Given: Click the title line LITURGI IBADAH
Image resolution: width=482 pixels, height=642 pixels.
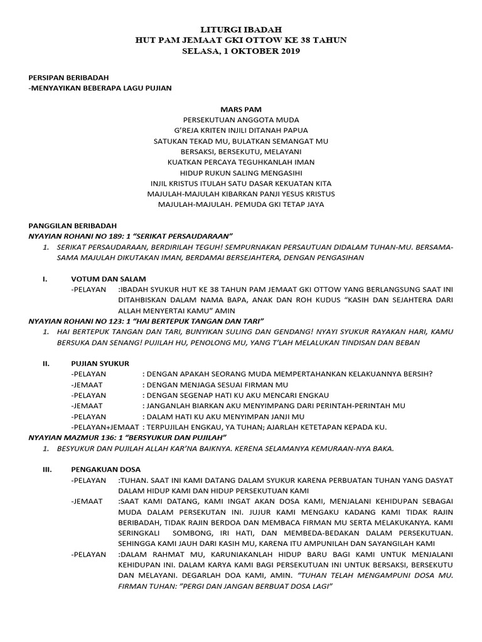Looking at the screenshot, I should pyautogui.click(x=240, y=29).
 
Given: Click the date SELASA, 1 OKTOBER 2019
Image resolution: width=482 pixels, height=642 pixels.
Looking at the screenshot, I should pyautogui.click(x=240, y=51).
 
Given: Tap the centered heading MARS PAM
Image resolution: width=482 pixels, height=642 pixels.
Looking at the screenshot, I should pyautogui.click(x=240, y=108).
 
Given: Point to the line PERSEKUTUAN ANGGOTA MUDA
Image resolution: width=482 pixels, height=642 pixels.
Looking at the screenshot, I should pyautogui.click(x=240, y=119).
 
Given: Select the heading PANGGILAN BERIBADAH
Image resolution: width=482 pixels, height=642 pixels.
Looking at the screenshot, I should pyautogui.click(x=73, y=225).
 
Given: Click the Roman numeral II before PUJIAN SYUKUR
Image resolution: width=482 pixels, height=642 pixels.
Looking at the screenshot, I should pyautogui.click(x=45, y=363).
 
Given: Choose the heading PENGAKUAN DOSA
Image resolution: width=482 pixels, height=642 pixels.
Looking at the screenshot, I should pyautogui.click(x=105, y=469).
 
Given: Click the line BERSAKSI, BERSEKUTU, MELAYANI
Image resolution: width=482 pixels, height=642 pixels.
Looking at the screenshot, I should pyautogui.click(x=240, y=151).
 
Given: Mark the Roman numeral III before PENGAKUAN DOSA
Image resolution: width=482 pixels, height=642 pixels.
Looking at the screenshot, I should pyautogui.click(x=46, y=469).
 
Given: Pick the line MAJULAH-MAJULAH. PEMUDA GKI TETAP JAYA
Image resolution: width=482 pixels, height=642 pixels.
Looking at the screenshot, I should pyautogui.click(x=240, y=204).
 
